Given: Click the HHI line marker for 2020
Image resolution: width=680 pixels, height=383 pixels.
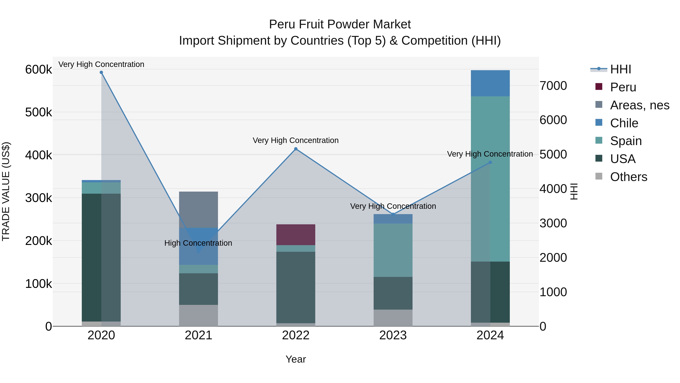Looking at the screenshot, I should pos(101,72).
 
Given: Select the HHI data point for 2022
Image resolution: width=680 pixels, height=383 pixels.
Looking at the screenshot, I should pos(296,149).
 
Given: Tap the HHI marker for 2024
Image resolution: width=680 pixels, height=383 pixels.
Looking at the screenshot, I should pos(490,162).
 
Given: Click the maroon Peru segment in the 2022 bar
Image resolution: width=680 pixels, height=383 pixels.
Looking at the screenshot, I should pos(296,235).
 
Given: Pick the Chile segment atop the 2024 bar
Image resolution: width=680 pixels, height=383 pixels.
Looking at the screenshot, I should pos(490,83).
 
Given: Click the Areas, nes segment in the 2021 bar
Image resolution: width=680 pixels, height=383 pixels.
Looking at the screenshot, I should pos(199,209).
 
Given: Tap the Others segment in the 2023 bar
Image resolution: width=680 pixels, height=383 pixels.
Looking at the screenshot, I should pos(393,318).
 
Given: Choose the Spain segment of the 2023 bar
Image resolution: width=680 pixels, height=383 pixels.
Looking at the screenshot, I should pos(393,250).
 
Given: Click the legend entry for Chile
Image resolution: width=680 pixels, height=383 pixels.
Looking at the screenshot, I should pos(624,123).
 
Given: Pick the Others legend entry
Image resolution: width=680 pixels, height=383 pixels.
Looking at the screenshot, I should pos(628,177).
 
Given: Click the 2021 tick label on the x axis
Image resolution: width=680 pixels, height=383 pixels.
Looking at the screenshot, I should pos(199,335).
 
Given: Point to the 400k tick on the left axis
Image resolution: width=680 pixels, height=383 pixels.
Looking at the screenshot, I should pos(39,155).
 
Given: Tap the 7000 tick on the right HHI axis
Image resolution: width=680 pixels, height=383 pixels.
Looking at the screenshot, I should pos(553,86).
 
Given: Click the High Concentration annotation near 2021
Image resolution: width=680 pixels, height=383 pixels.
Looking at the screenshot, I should pos(198,243).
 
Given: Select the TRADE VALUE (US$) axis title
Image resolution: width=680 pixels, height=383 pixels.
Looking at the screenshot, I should pos(6,191).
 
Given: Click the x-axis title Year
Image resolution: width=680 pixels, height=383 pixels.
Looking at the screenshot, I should pos(296,359).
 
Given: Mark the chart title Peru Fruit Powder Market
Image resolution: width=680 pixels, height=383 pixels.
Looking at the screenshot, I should pos(340,24).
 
